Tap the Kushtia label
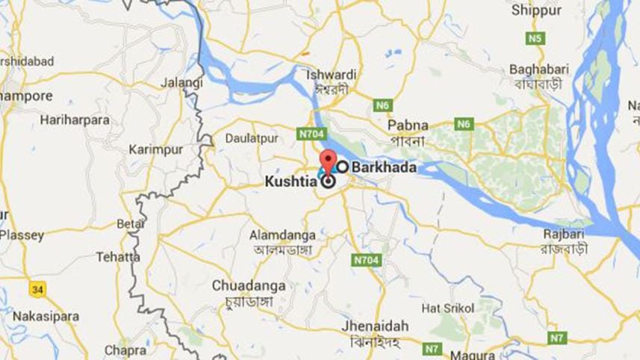pyautogui.click(x=292, y=181)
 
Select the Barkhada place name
pyautogui.click(x=384, y=167)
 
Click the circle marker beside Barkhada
pyautogui.click(x=342, y=167)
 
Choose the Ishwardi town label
pyautogui.click(x=331, y=75)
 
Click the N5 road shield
pyautogui.click(x=534, y=37)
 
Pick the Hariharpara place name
pyautogui.click(x=75, y=120)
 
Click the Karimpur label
pyautogui.click(x=155, y=149)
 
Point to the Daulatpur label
pyautogui.click(x=252, y=138)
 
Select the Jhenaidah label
pyautogui.click(x=375, y=326)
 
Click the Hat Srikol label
pyautogui.click(x=448, y=308)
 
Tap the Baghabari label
pyautogui.click(x=539, y=69)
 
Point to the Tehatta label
pyautogui.click(x=118, y=257)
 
